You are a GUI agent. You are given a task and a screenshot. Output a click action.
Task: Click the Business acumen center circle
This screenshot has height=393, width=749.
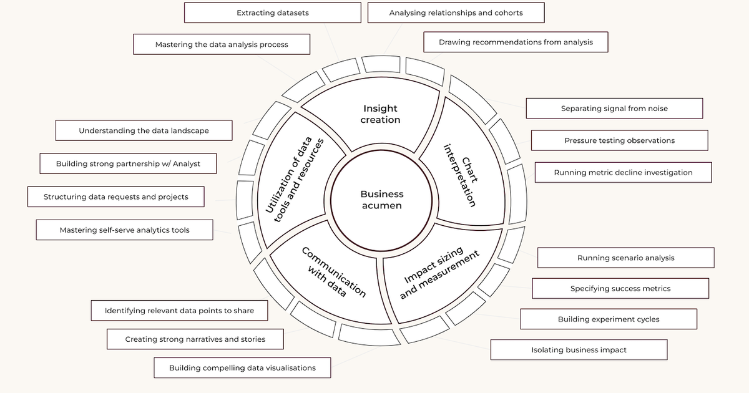click(381, 200)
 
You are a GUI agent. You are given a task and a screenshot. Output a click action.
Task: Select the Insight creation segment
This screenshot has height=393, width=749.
click(379, 114)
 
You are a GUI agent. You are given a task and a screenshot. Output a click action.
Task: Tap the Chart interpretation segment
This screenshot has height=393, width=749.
click(462, 175)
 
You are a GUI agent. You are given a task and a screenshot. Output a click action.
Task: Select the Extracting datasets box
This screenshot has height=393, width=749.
click(273, 12)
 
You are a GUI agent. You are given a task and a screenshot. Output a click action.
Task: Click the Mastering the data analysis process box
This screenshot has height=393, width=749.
click(222, 44)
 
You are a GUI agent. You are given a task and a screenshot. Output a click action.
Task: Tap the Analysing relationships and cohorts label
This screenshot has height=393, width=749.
click(456, 12)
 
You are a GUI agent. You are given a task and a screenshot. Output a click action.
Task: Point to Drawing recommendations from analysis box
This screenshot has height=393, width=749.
click(516, 42)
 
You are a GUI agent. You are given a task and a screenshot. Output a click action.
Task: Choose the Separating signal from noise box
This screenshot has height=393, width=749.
click(614, 109)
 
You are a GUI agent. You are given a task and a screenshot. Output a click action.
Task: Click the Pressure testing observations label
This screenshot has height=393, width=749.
click(619, 140)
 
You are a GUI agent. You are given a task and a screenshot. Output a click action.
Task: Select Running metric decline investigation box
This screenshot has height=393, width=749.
click(623, 172)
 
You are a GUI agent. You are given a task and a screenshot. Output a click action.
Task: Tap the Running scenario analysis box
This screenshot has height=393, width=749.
click(625, 258)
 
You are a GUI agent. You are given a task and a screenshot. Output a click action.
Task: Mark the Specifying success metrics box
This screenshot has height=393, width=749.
click(620, 288)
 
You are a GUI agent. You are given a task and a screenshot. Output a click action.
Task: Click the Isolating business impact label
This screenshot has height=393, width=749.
click(579, 350)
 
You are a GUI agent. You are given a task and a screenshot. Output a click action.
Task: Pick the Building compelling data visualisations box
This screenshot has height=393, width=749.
click(242, 367)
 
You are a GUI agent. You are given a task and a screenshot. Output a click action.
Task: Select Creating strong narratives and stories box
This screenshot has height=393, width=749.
click(195, 339)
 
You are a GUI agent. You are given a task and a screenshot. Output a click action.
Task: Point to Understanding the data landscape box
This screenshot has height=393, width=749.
click(144, 131)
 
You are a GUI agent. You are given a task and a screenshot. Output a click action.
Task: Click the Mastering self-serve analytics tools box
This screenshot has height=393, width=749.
click(124, 230)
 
